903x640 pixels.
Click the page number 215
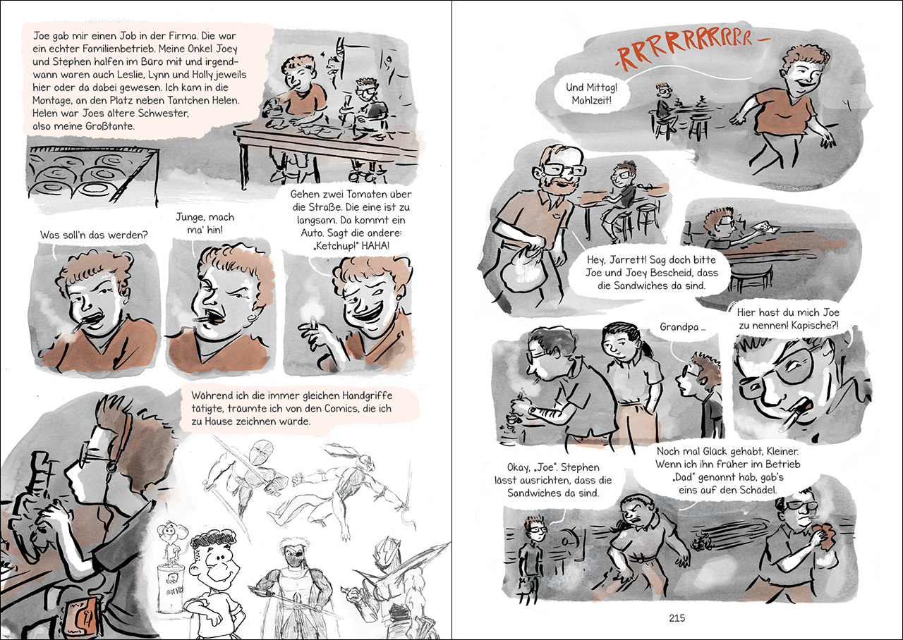(x=677, y=618)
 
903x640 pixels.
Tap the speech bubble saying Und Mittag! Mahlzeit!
(x=591, y=94)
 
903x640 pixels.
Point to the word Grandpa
(x=679, y=326)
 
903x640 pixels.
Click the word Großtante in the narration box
(x=109, y=126)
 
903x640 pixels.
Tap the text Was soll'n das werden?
(x=94, y=235)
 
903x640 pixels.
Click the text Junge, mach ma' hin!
(x=205, y=223)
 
